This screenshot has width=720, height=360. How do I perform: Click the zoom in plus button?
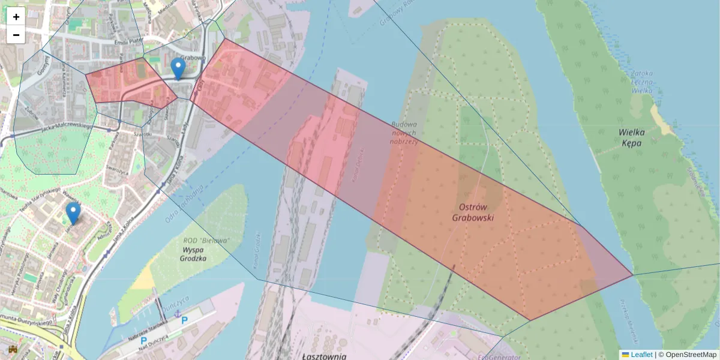(16, 17)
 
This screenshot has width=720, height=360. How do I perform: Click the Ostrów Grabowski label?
(473, 213)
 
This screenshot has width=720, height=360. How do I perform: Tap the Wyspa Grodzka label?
(193, 254)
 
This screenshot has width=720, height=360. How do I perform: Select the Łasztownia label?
(325, 356)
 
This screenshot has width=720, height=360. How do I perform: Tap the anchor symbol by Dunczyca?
(177, 314)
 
